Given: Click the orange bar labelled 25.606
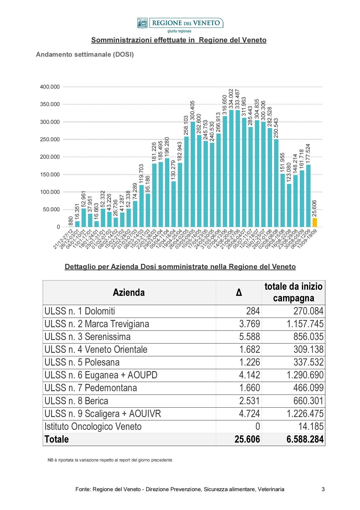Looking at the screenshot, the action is point(315,222).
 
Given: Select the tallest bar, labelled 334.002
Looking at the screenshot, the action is point(231,168).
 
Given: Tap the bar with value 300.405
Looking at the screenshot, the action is point(193,174).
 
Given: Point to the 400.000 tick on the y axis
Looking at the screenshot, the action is point(50,87).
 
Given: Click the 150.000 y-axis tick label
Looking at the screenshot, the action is point(50,175).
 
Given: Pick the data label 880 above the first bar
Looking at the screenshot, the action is point(71,221).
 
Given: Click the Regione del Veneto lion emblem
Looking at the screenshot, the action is point(142,23).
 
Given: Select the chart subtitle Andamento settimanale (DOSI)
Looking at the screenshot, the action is point(85,55).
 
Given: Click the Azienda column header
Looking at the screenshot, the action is point(129,292).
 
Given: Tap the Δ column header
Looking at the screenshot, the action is point(239,292).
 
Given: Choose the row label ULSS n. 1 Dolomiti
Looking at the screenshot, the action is point(80,311).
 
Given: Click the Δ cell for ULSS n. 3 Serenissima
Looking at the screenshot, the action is point(250,337).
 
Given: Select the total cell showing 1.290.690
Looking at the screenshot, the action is point(305,375).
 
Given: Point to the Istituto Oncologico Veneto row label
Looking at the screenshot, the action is point(93,427).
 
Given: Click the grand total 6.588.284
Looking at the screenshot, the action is point(305,439).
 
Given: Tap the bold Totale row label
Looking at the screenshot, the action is point(57,439).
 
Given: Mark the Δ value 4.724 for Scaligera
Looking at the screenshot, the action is point(250,414).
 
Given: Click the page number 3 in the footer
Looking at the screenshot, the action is point(323,489).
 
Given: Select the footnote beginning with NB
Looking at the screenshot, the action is point(110,460).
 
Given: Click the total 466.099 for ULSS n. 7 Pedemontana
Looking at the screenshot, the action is point(309,388).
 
